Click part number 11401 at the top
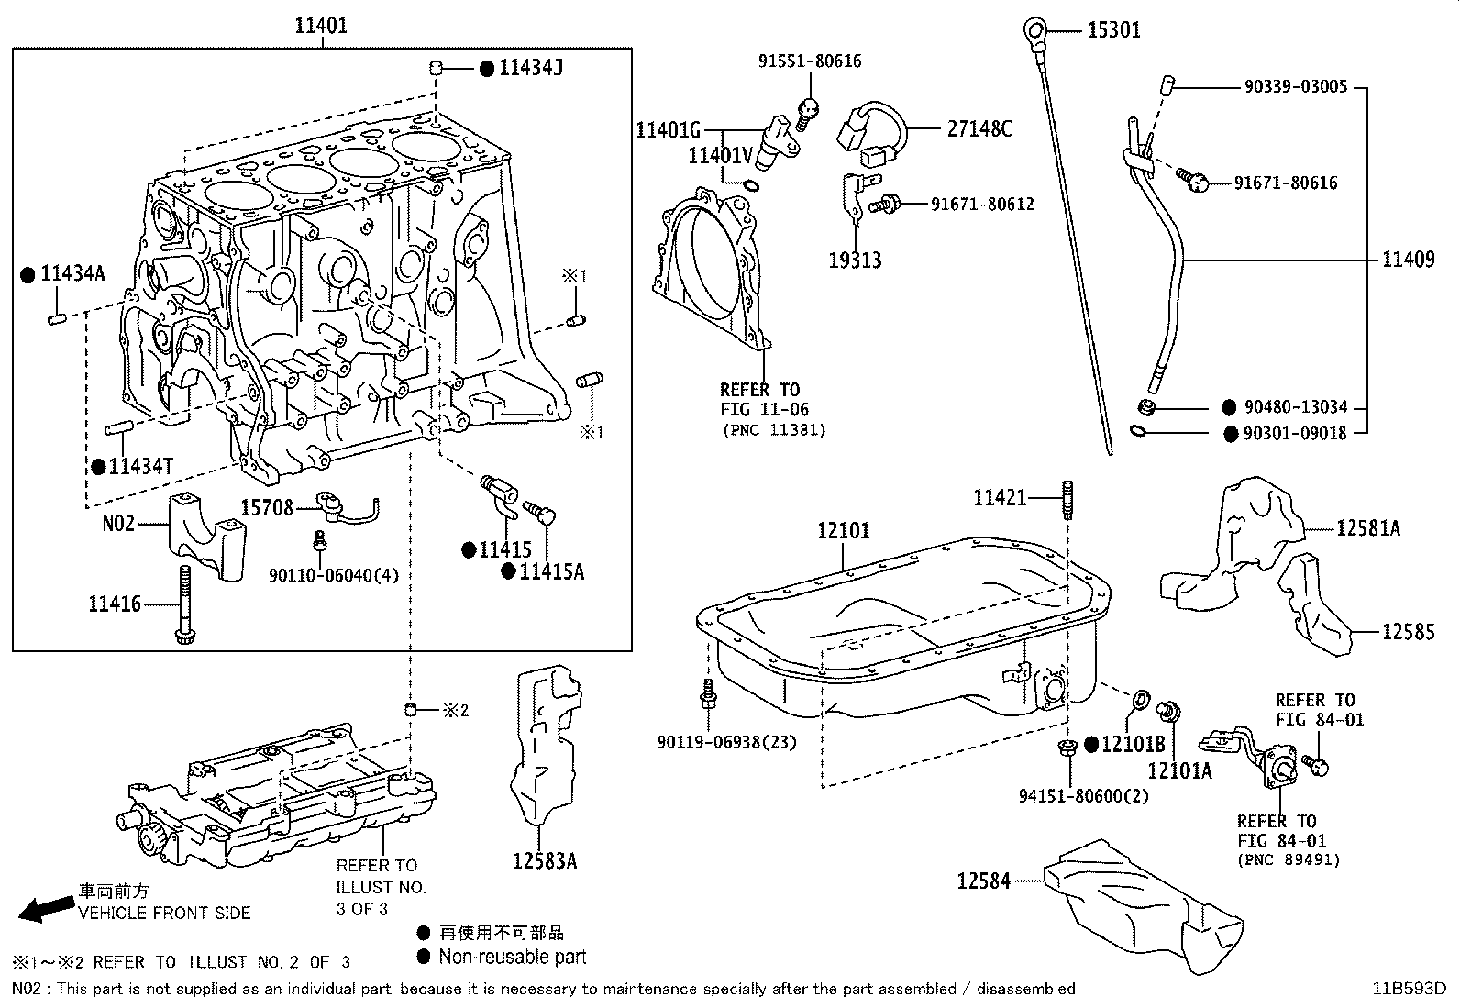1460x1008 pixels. pos(321,26)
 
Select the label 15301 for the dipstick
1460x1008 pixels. pos(1113,30)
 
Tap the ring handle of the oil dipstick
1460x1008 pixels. pos(1037,33)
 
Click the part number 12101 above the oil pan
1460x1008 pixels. pos(844,530)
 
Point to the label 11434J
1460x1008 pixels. pos(530,68)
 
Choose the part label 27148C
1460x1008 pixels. pos(979,128)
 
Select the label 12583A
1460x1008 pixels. pos(545,860)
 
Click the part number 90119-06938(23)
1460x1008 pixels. pos(726,741)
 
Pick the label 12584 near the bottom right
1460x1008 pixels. pos(983,881)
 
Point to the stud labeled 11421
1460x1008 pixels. pos(1067,501)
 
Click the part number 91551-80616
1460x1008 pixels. pos(810,61)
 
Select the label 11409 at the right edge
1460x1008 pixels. pos(1408,260)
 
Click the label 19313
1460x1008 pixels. pos(855,260)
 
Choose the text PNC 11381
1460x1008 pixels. pos(773,429)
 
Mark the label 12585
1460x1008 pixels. pos(1408,631)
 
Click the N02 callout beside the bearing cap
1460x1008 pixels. pos(118,523)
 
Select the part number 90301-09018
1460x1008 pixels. pos(1295,433)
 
